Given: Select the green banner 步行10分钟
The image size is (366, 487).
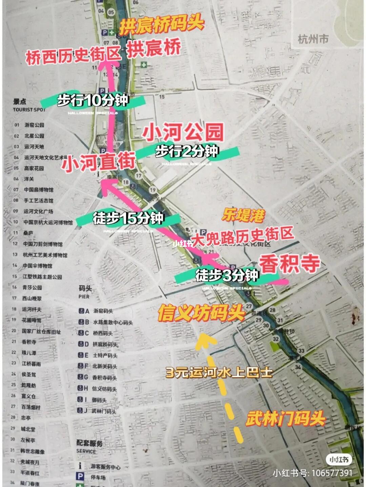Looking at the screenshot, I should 93,100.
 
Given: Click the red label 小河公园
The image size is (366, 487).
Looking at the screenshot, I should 183,132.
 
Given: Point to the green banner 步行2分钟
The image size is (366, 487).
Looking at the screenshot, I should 186,151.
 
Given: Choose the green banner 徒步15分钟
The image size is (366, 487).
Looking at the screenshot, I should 128,218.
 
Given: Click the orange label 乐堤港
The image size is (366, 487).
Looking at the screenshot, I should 243,215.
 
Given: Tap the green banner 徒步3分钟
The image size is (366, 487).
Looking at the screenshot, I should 227,275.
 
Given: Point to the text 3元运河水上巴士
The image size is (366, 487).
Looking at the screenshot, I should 219,373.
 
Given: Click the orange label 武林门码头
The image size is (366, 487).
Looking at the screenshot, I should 285,419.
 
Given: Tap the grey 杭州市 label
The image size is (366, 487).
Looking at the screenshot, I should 313,39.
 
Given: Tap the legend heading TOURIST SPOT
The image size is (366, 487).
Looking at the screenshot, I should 29,110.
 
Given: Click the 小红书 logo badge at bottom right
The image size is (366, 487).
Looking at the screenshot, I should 339,460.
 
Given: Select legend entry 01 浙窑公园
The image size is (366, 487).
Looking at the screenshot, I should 34,125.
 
